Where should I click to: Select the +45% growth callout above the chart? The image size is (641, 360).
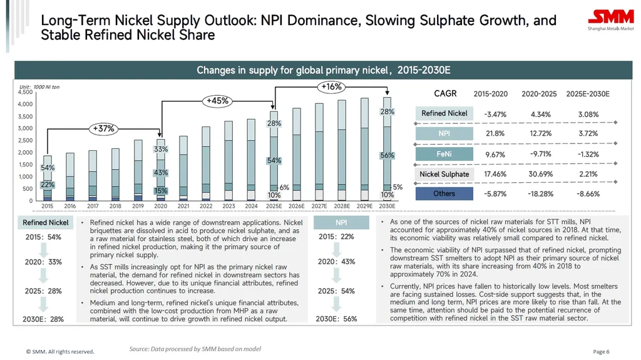point(218,100)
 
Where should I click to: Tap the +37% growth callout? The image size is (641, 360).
point(103,128)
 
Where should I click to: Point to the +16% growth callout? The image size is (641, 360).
point(330,87)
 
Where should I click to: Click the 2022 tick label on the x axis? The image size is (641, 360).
point(206,206)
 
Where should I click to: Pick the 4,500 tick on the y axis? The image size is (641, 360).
point(25,92)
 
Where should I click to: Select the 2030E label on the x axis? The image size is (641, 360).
point(387,206)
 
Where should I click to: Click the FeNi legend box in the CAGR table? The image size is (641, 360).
point(444,154)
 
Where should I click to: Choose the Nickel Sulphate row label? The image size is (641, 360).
point(444,174)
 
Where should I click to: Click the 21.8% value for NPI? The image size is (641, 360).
point(495,134)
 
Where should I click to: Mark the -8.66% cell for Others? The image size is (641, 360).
point(588,194)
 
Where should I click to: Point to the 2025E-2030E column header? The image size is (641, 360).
point(587,95)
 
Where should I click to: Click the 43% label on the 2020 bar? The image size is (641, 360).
point(160,172)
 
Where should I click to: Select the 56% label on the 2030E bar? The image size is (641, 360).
point(387,155)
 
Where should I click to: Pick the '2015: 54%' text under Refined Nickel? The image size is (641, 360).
point(43,237)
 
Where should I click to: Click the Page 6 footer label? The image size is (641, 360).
point(601,351)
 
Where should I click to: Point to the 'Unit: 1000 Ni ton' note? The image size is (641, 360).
point(39,86)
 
